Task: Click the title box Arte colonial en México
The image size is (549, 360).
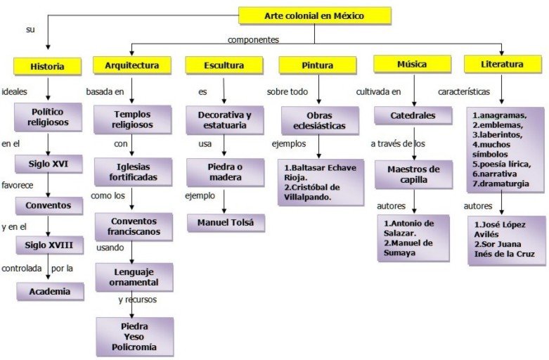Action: coord(314,15)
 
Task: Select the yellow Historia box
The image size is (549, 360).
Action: coord(47,67)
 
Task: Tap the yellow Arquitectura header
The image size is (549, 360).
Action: coord(131,65)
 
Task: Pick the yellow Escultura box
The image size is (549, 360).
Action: coord(224,65)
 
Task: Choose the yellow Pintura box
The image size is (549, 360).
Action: coord(318,65)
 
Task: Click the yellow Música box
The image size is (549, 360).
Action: coord(412,64)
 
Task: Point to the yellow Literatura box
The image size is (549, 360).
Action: coord(503,64)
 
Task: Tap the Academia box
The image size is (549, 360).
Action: coord(49,291)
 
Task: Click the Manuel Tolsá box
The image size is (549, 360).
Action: coord(225,224)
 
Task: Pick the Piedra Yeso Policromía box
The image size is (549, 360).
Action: coord(134,337)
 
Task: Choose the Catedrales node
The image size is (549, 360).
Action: coord(413,115)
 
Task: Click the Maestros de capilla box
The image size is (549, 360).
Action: coord(413,174)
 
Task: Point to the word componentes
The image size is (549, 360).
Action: coord(253,40)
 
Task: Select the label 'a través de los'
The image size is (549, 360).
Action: coord(398,144)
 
